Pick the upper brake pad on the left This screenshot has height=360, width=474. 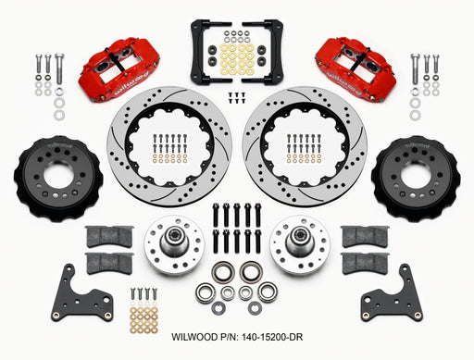108,237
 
